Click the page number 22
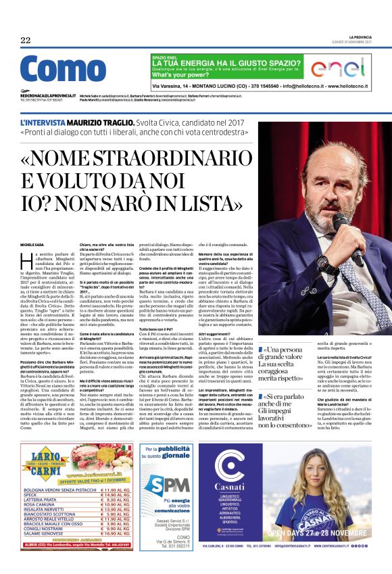[x=26, y=40]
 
